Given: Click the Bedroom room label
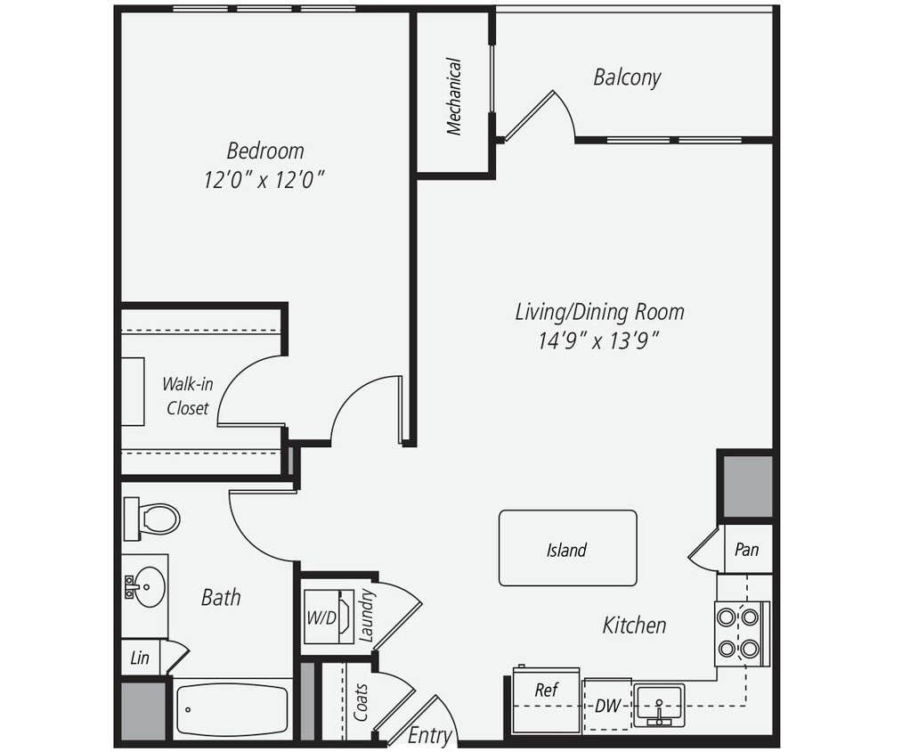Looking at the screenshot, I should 264,151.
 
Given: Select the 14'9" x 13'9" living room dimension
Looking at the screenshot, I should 598,340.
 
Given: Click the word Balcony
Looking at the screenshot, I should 627,78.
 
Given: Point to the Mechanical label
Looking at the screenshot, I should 454,96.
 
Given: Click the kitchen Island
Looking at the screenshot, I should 567,549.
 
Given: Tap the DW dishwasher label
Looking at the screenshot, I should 607,707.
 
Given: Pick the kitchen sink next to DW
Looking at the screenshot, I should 659,705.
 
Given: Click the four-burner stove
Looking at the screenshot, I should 739,633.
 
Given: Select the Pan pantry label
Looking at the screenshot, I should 746,549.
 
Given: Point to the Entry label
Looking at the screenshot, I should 430,736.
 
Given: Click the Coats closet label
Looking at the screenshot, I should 362,703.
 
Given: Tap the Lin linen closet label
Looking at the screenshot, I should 140,658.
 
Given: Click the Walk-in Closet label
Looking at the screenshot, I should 186,396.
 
